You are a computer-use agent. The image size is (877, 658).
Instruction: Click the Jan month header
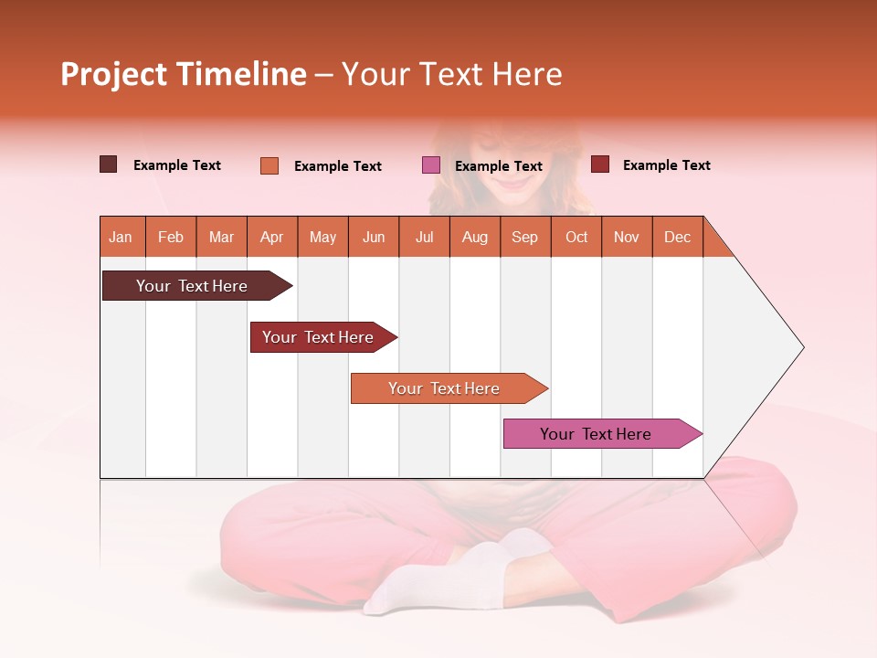tap(122, 237)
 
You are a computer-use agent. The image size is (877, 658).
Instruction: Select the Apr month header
tap(272, 237)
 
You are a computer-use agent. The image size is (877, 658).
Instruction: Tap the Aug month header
tap(474, 237)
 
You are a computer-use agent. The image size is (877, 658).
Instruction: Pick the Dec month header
tap(677, 237)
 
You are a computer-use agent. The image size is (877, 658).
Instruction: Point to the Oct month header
tap(576, 237)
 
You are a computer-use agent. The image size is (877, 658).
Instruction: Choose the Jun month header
tap(374, 237)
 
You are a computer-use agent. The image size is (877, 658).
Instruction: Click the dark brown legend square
tap(109, 164)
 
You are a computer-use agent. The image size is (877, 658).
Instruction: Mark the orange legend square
tap(269, 165)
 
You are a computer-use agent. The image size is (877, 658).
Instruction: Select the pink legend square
tap(431, 165)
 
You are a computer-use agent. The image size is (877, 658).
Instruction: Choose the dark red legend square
tap(600, 164)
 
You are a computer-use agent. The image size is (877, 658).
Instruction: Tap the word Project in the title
tap(114, 74)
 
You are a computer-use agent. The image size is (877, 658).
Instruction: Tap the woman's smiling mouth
tap(514, 183)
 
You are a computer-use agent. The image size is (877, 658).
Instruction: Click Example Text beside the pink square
tap(498, 166)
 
